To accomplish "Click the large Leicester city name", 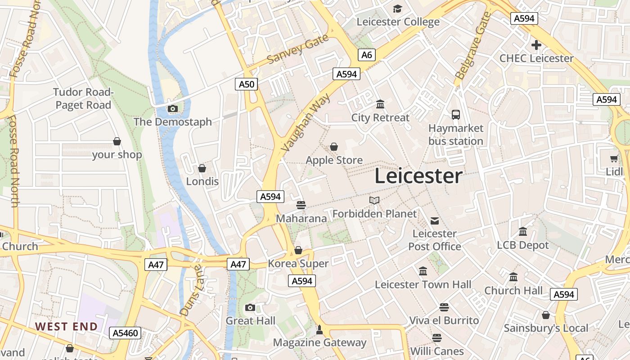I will pyautogui.click(x=418, y=175).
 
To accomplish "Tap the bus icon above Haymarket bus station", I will pyautogui.click(x=456, y=114).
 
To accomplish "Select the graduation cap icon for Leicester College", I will pyautogui.click(x=397, y=9).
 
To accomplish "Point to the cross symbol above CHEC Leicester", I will pyautogui.click(x=536, y=45).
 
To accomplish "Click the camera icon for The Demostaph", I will pyautogui.click(x=172, y=108).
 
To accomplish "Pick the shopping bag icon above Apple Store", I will pyautogui.click(x=334, y=147).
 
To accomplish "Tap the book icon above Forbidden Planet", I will pyautogui.click(x=374, y=200).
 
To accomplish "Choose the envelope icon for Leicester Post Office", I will pyautogui.click(x=435, y=220).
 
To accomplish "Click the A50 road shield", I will pyautogui.click(x=246, y=84).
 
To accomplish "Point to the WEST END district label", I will pyautogui.click(x=66, y=326).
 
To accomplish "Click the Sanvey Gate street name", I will pyautogui.click(x=298, y=50).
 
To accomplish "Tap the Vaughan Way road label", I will pyautogui.click(x=306, y=122).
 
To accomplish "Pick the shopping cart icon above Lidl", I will pyautogui.click(x=614, y=158).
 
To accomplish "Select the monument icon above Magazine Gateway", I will pyautogui.click(x=319, y=330).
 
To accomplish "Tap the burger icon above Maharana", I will pyautogui.click(x=301, y=205).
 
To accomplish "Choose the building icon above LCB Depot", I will pyautogui.click(x=523, y=232).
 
